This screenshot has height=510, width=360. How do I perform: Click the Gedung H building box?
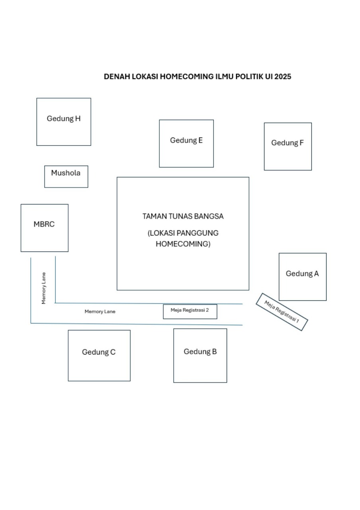pyautogui.click(x=64, y=122)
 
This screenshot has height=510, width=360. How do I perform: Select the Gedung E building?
pyautogui.click(x=186, y=143)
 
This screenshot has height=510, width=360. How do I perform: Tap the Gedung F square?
pyautogui.click(x=288, y=146)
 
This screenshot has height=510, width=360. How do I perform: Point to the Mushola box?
pyautogui.click(x=66, y=177)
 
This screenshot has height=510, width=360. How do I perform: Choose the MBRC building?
pyautogui.click(x=44, y=228)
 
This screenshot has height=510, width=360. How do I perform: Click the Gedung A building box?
pyautogui.click(x=302, y=277)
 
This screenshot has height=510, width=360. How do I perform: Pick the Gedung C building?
pyautogui.click(x=99, y=355)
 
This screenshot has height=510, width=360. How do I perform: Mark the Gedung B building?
pyautogui.click(x=200, y=355)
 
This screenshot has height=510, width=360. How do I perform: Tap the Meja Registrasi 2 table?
pyautogui.click(x=190, y=311)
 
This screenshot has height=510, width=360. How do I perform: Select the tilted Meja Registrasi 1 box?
pyautogui.click(x=282, y=312)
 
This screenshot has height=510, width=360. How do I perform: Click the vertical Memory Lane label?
pyautogui.click(x=44, y=288)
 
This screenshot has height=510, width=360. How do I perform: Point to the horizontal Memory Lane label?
pyautogui.click(x=100, y=312)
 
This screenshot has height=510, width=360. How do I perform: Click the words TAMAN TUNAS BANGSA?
pyautogui.click(x=183, y=216)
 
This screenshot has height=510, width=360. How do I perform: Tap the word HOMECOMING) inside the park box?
pyautogui.click(x=183, y=244)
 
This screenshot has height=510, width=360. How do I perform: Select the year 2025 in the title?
pyautogui.click(x=283, y=76)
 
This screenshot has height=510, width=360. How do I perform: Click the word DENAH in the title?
pyautogui.click(x=115, y=76)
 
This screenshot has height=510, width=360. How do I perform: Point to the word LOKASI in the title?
pyautogui.click(x=143, y=76)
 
